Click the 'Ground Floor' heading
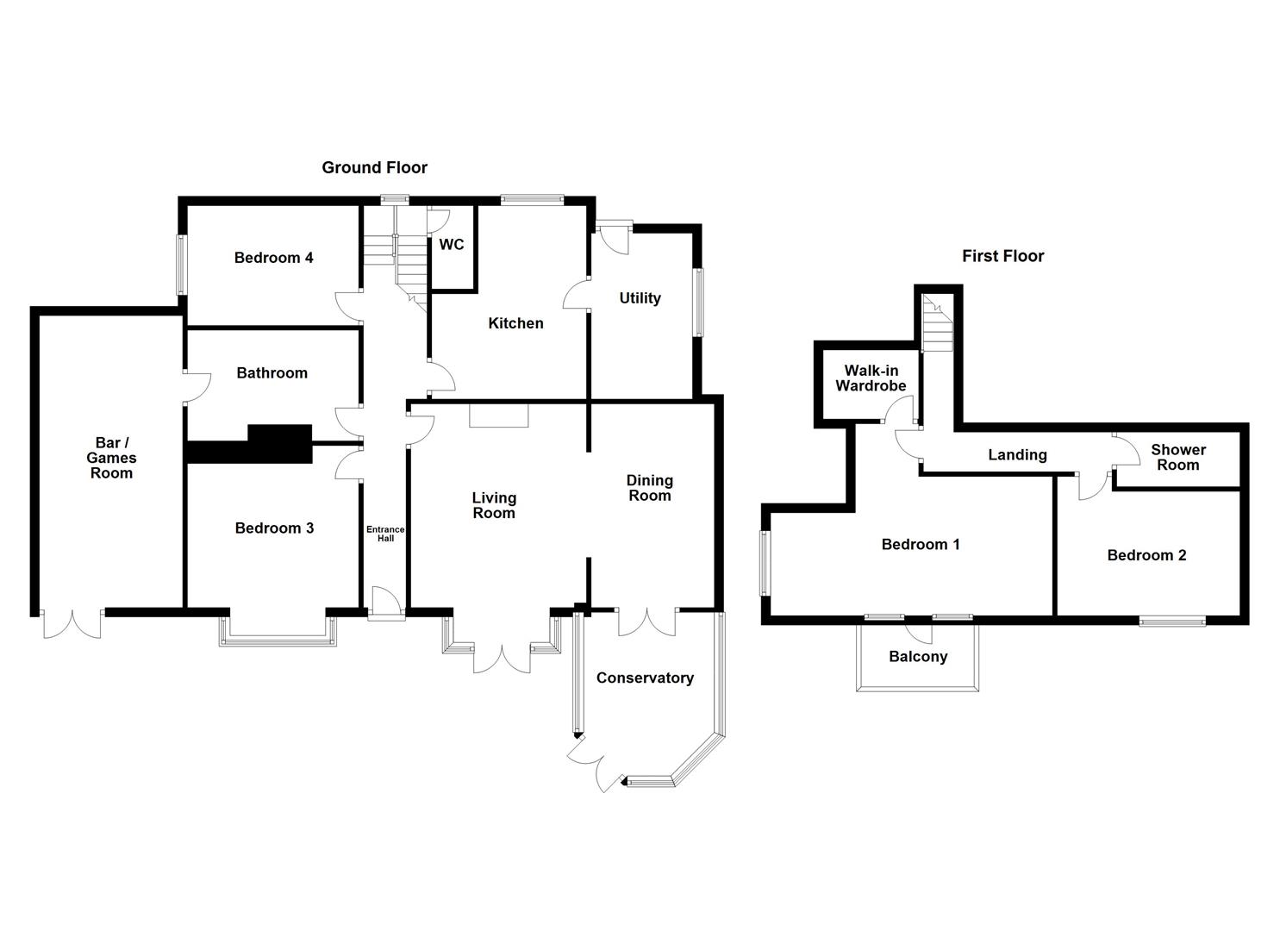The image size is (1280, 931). [374, 167]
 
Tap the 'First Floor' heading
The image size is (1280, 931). [1002, 256]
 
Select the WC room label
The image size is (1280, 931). [452, 245]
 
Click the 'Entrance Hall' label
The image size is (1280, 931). [385, 534]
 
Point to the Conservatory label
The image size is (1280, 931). [645, 678]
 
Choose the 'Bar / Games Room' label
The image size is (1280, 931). [111, 458]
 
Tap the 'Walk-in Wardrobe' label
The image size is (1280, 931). [871, 378]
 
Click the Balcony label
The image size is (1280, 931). [918, 657]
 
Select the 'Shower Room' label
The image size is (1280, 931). [1177, 457]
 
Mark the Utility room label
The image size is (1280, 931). [640, 298]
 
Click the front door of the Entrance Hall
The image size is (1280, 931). [386, 603]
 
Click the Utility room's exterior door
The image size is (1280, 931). [613, 238]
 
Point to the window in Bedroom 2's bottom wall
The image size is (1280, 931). [1171, 621]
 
